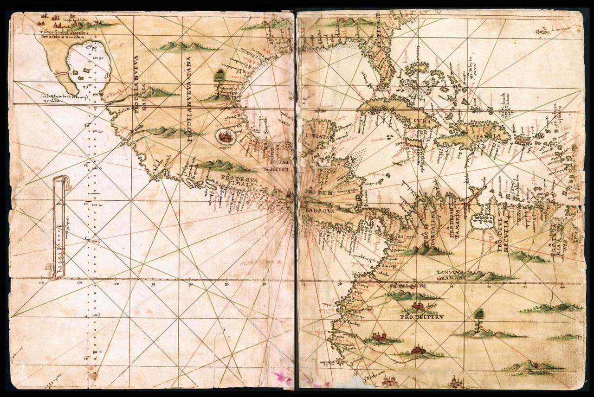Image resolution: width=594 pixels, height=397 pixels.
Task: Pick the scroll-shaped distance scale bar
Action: pos(59,227)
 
